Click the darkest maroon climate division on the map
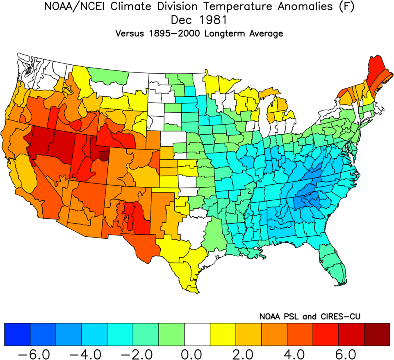click(x=105, y=155)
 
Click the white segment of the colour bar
click(x=197, y=335)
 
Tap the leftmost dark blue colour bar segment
click(x=17, y=335)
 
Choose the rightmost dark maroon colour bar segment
click(x=376, y=335)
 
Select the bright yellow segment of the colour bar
click(x=223, y=335)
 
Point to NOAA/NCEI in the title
click(x=68, y=7)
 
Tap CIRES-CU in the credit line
click(x=339, y=316)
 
